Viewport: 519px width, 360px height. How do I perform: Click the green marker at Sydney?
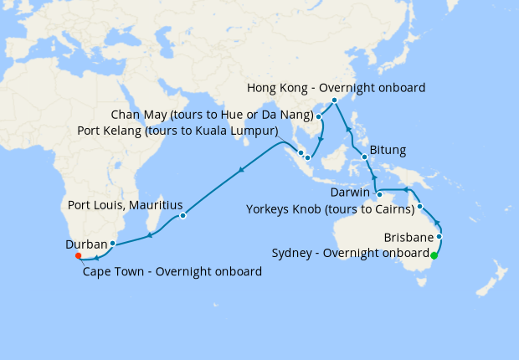434,255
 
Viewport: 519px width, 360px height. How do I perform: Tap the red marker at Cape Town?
77,255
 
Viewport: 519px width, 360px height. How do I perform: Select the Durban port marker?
112,244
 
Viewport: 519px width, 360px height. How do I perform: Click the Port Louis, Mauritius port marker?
182,216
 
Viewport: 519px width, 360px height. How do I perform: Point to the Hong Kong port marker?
334,100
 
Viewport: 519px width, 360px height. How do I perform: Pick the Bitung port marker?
365,157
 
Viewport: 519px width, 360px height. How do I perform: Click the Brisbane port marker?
439,237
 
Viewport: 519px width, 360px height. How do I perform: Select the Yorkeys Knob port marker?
420,207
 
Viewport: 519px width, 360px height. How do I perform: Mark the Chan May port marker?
318,116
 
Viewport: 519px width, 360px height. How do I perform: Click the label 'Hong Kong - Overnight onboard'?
337,87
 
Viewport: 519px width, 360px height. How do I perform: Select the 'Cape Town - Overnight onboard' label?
172,271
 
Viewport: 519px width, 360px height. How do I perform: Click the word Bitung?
388,151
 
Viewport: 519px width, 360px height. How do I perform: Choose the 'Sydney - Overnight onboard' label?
350,254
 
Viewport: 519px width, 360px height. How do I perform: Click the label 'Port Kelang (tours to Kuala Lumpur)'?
177,131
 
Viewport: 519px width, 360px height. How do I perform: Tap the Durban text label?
85,245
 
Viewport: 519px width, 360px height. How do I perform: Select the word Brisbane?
408,238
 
